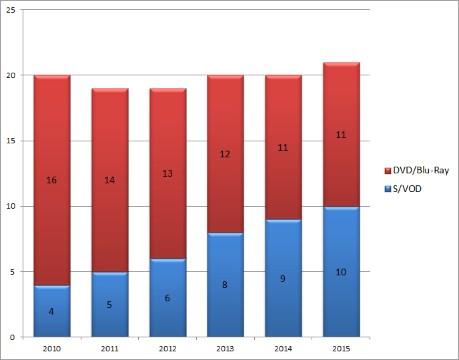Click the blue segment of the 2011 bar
click(109, 313)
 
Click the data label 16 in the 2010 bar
click(52, 180)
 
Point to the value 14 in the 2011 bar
click(109, 180)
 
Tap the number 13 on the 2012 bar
click(167, 173)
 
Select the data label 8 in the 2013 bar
click(225, 285)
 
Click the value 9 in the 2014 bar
click(283, 279)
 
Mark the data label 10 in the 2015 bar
click(341, 272)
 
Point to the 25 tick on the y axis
click(12, 11)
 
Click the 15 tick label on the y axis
click(12, 141)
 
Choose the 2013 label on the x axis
click(225, 347)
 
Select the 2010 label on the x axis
click(52, 347)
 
